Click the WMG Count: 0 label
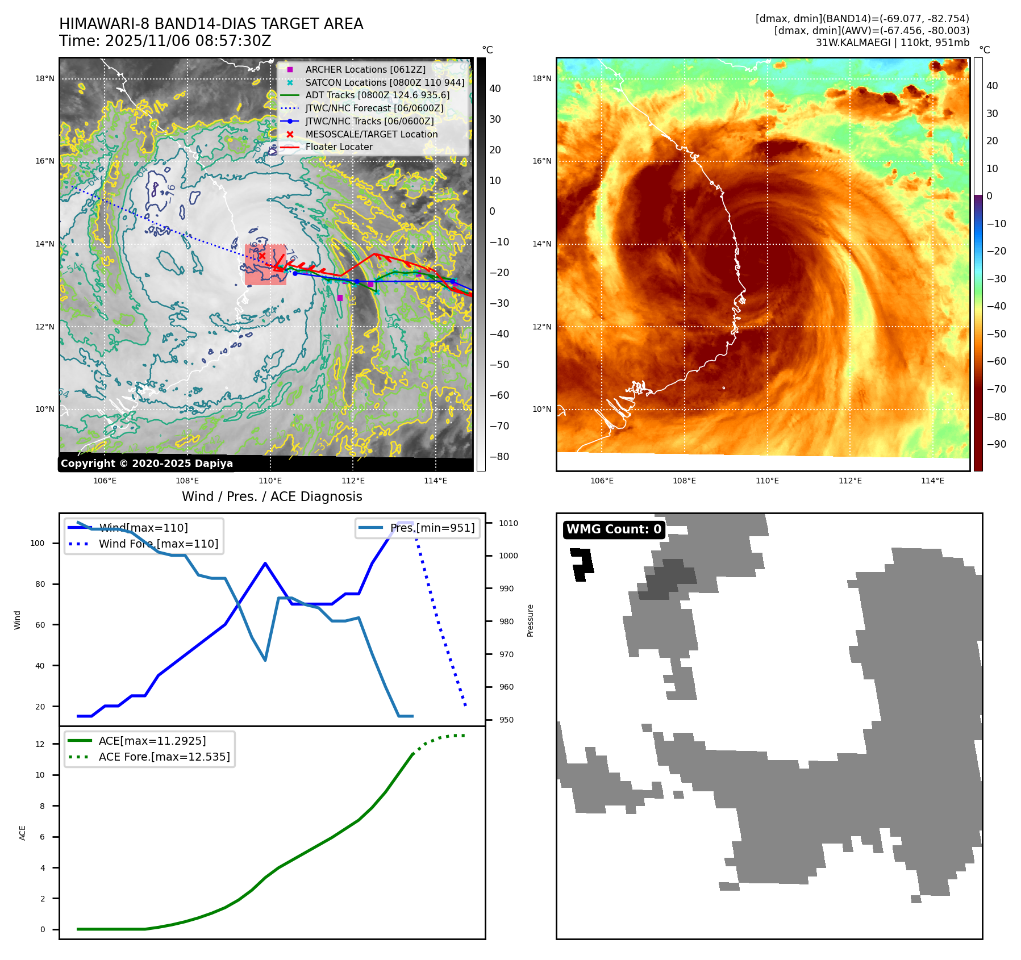[614, 529]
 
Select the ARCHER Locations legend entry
[365, 69]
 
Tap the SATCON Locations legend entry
[384, 82]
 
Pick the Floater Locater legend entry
[339, 147]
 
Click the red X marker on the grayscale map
[262, 256]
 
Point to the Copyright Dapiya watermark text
[147, 464]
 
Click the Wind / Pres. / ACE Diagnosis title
[272, 496]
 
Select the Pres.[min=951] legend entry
[432, 528]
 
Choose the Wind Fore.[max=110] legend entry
[158, 544]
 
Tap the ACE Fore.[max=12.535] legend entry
[164, 757]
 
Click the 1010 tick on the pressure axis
[509, 523]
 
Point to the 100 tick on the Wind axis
[37, 543]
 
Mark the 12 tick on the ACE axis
[40, 744]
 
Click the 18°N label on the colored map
[541, 78]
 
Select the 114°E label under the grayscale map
[435, 481]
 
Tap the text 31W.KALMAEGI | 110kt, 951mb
[892, 43]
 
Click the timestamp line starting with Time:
[165, 41]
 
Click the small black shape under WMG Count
[582, 564]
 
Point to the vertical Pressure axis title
[530, 620]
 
